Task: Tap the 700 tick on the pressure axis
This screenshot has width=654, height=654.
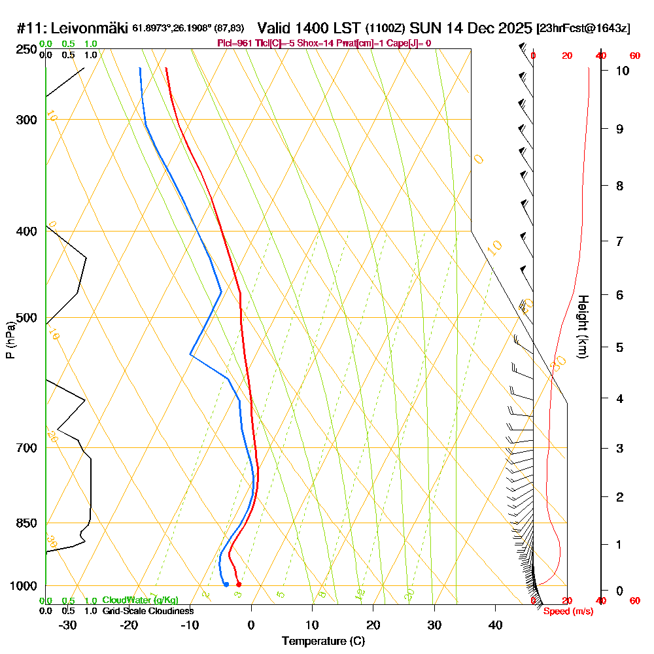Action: [x=29, y=448]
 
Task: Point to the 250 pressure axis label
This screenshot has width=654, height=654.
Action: [x=29, y=49]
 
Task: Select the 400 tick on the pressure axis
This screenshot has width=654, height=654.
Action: [x=29, y=232]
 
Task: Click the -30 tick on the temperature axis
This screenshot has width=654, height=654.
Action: [x=68, y=625]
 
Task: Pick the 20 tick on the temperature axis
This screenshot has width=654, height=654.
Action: [x=373, y=625]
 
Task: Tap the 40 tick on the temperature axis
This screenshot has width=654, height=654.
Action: [x=495, y=625]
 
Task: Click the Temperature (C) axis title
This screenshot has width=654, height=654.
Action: [x=323, y=642]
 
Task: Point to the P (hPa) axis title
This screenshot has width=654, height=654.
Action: [x=10, y=340]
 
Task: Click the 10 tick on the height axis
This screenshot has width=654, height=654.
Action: [x=615, y=71]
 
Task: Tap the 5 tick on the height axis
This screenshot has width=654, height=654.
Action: [x=615, y=347]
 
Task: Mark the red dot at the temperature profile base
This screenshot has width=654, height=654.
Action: [x=239, y=584]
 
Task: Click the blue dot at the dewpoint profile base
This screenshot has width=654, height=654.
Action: [x=226, y=584]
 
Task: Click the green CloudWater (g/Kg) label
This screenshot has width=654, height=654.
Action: [x=140, y=600]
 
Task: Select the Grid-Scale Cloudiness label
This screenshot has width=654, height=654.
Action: [x=147, y=611]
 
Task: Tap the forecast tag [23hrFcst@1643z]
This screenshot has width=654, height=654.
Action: [x=583, y=29]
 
